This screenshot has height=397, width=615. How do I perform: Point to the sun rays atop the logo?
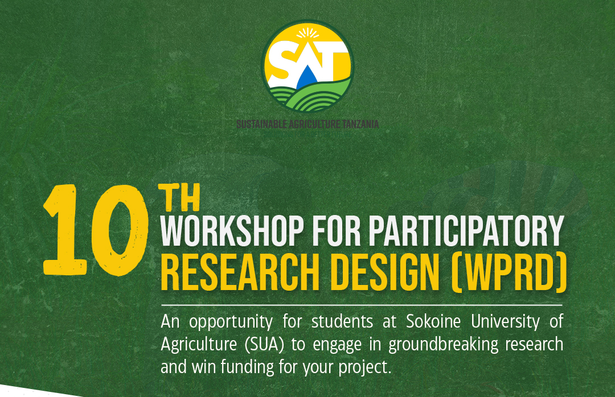point(307,32)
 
